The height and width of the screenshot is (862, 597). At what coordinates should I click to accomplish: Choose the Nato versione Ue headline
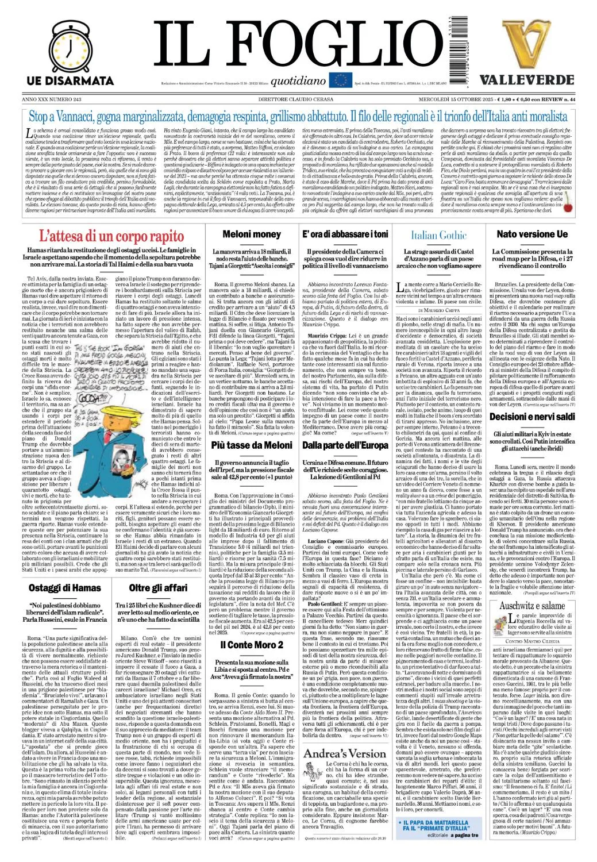coord(531,234)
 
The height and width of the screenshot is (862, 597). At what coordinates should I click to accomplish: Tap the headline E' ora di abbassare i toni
coord(345,234)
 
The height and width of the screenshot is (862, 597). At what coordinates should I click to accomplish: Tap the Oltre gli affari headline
coord(158,587)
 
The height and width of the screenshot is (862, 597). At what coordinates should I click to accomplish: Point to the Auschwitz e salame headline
coord(531,606)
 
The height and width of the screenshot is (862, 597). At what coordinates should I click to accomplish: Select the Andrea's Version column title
coord(345,753)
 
